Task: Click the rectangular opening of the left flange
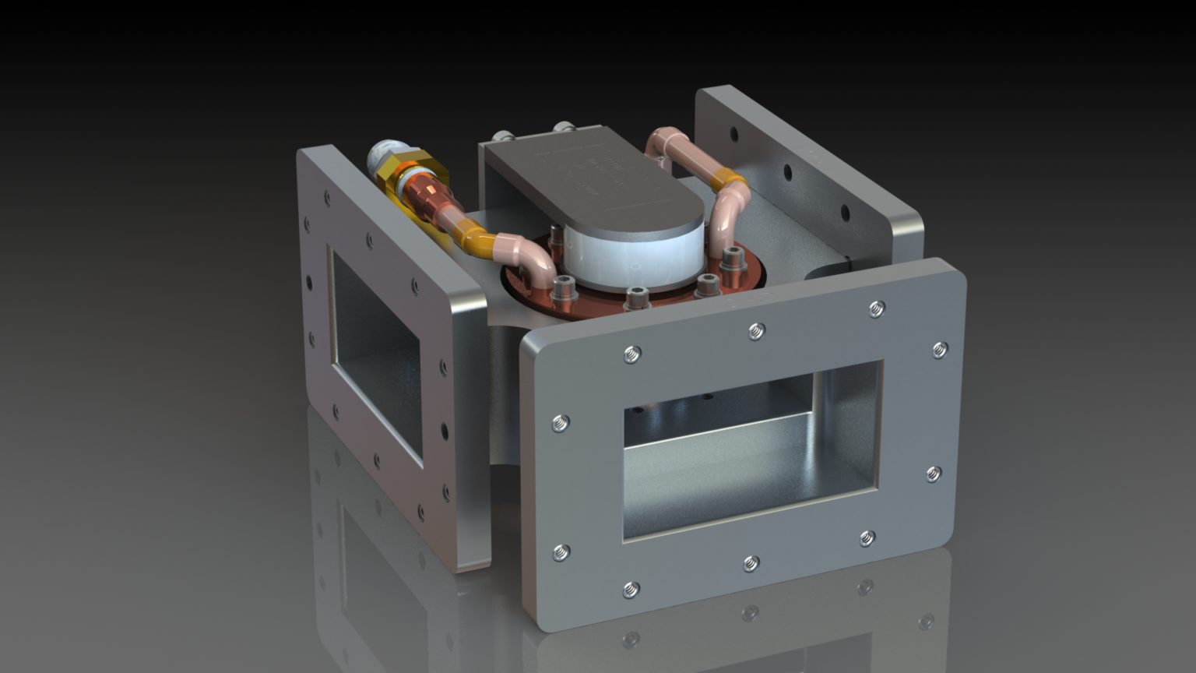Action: point(377,354)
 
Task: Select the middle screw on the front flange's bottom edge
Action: point(751,562)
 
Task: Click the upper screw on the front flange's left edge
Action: point(559,424)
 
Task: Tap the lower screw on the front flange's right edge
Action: point(933,474)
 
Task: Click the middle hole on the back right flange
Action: point(787,172)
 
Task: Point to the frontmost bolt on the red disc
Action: point(636,296)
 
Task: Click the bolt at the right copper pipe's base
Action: point(732,257)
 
